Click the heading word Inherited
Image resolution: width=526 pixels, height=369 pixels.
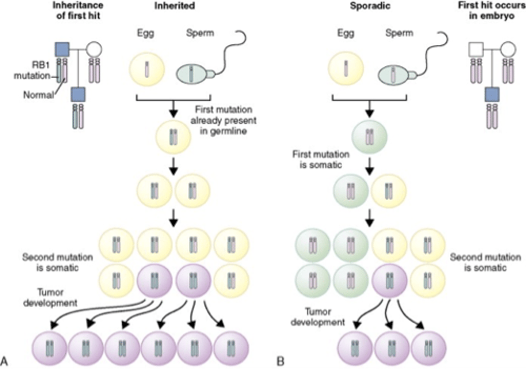pos(174,6)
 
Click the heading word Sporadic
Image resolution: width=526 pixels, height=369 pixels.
pos(370,6)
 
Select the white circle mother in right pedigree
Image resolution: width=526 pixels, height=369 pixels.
pos(508,49)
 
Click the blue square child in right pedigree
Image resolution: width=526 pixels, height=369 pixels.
pos(492,95)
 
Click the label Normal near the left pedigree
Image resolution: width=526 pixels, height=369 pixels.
pos(38,95)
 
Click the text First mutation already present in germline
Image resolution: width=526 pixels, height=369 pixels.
pos(224,120)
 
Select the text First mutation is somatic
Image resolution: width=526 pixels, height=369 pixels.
pos(321,159)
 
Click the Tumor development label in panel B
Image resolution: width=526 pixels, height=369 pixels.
pos(318,317)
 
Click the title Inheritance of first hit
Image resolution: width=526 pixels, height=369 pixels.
pos(78,11)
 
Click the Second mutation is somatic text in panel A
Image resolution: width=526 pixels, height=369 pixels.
pos(57,262)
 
